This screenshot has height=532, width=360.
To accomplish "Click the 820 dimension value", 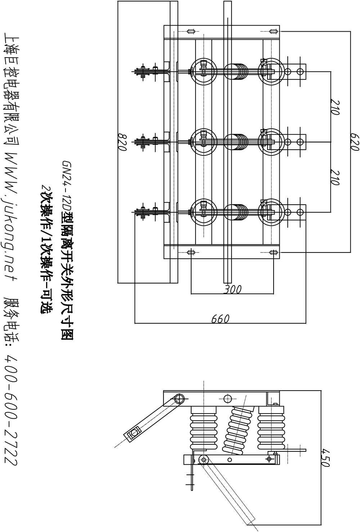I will [x=123, y=142].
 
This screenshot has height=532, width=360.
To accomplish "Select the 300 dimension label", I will [x=232, y=289].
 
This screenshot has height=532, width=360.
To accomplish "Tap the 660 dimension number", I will [x=220, y=319].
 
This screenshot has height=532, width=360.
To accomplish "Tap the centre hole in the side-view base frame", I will [x=227, y=399].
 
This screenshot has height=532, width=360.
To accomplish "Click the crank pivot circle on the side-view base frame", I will [x=179, y=399].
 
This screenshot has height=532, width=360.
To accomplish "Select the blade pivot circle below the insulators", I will [x=204, y=459].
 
